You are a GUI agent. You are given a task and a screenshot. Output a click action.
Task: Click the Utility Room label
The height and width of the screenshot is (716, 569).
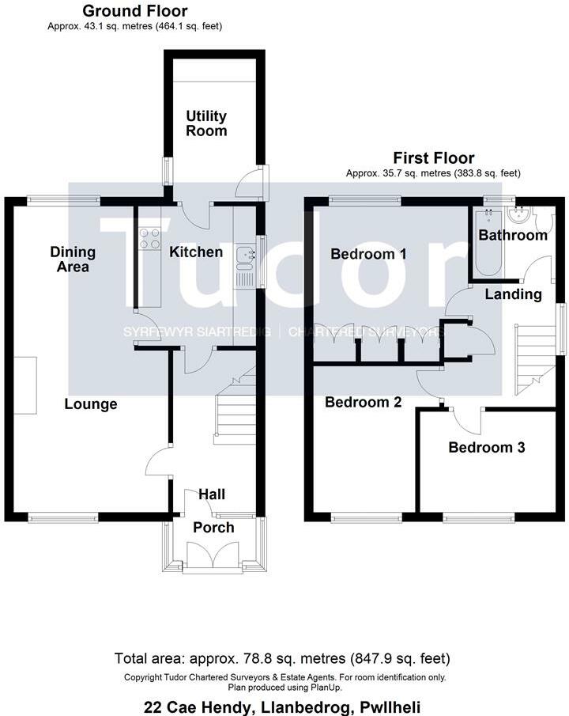[x=206, y=123]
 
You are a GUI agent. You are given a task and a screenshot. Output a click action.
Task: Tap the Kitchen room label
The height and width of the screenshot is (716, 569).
[x=196, y=252]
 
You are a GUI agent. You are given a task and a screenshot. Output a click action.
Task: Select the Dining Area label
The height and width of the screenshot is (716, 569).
[x=73, y=260]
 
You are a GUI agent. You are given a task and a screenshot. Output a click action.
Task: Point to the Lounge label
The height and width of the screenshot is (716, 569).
[x=91, y=404]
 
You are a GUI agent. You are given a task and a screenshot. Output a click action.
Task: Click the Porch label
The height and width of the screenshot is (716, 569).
[x=213, y=528]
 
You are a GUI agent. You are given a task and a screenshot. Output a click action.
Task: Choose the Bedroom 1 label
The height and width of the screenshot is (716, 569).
[x=368, y=254]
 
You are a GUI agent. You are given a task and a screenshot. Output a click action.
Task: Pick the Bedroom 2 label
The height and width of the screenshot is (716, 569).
[x=364, y=402]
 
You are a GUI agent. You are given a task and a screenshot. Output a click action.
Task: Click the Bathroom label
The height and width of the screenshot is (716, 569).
[x=513, y=235]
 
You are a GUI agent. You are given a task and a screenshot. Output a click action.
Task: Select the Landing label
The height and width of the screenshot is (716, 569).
[x=513, y=294]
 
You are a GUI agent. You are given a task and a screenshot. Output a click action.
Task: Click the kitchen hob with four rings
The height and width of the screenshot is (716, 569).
[x=150, y=238]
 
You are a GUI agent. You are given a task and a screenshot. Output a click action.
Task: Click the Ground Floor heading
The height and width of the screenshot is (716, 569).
[x=135, y=11]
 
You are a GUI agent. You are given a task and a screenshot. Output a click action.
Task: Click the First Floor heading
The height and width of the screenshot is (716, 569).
[x=433, y=158]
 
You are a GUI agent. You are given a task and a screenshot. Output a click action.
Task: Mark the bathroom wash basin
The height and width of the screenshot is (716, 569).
[x=522, y=216]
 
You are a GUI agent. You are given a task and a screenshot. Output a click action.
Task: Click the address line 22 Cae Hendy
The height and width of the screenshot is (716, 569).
[x=284, y=706]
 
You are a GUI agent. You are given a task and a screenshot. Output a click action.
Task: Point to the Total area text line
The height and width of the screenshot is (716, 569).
[x=284, y=658]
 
